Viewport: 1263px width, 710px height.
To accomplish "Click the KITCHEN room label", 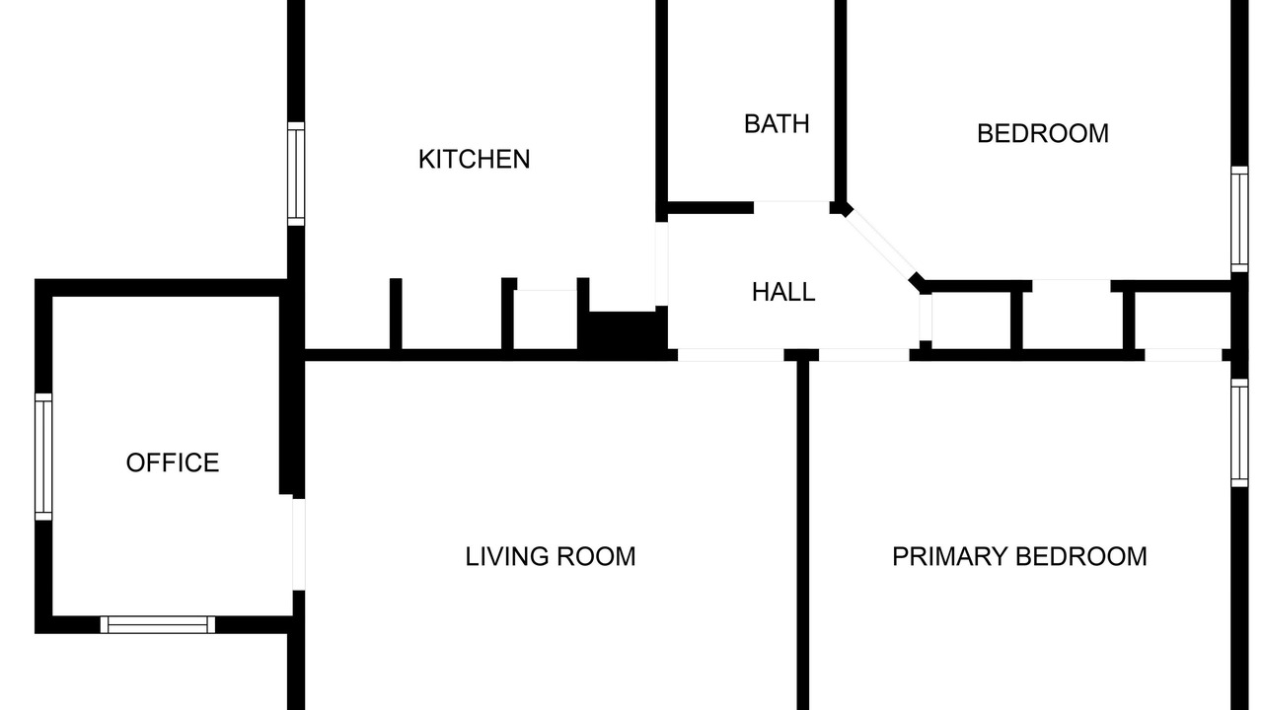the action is tap(475, 160).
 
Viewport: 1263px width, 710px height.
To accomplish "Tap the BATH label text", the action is tap(777, 124).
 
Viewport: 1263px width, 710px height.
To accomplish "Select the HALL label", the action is tap(783, 292).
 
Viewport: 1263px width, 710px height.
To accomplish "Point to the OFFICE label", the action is tap(173, 462).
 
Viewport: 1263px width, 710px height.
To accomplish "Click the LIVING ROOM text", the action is tap(551, 557).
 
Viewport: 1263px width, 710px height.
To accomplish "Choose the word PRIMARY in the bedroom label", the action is tap(950, 557).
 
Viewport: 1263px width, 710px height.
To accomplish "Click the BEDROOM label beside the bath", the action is tap(1043, 133).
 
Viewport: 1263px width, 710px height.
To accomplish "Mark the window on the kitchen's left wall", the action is tap(296, 175).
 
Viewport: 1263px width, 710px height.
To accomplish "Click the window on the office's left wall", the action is tap(43, 457).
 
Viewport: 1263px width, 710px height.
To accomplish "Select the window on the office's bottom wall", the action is tap(158, 624).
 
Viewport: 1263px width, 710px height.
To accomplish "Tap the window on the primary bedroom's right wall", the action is tap(1239, 433).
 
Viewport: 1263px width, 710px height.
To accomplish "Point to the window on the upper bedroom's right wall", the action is tap(1239, 219).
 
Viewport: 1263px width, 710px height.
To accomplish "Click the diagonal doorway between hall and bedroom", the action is tap(880, 245).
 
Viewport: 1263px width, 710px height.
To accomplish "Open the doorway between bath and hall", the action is tap(791, 207).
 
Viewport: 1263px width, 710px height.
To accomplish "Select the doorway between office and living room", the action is tap(299, 544).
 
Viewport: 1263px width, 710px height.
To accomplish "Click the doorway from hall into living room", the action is tap(731, 355).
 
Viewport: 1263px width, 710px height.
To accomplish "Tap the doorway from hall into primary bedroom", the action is tap(863, 355).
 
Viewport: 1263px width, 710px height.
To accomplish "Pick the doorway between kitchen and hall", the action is tap(661, 263).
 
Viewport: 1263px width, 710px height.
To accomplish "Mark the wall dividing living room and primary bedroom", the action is tap(803, 535).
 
